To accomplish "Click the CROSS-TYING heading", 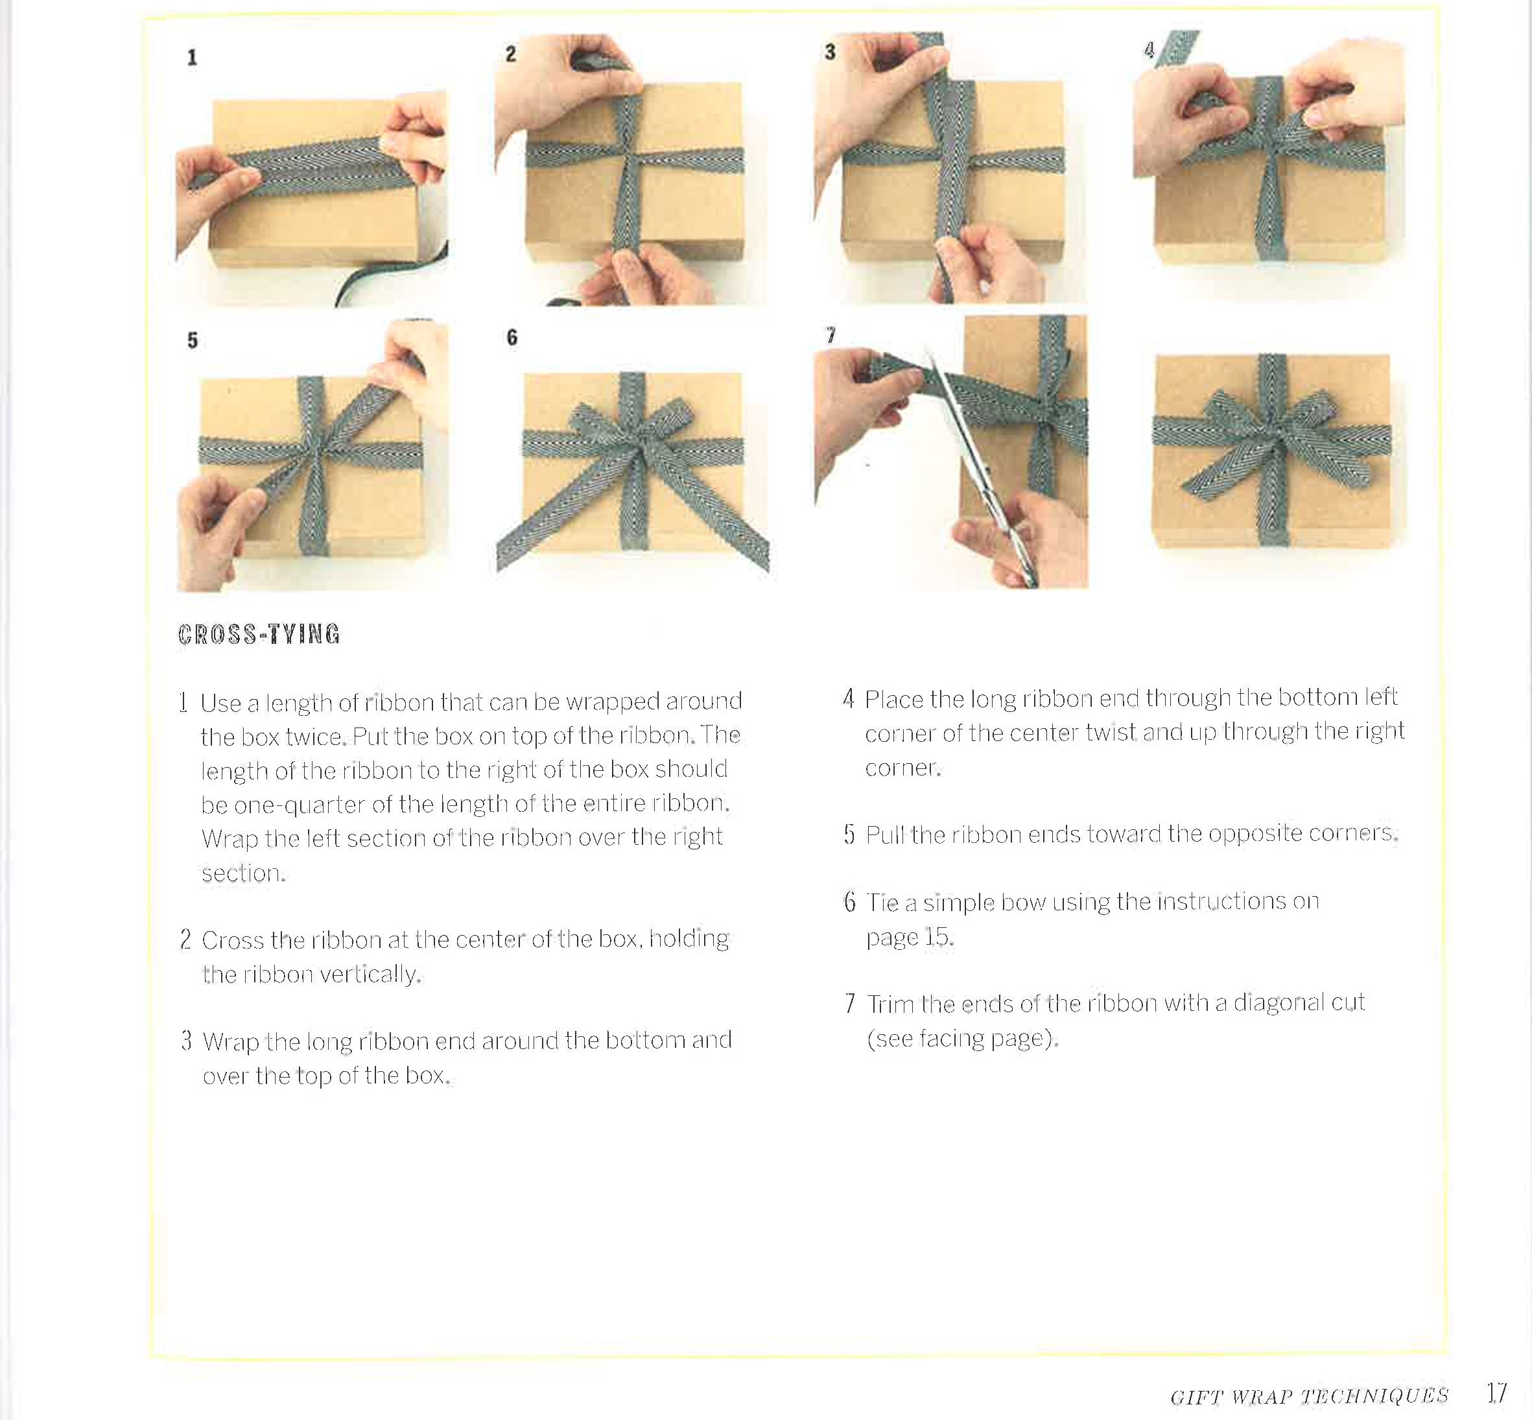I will [259, 634].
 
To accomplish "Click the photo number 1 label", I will [192, 58].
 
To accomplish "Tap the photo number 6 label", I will [512, 337].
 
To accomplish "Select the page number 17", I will [1496, 1392].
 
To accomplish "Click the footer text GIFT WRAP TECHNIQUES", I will [1309, 1396].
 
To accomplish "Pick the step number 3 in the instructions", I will [186, 1041].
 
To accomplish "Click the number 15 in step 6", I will [936, 937].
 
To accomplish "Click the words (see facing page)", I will [961, 1039].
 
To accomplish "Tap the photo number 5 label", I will [192, 340].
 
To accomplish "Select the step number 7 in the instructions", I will [849, 1004].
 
